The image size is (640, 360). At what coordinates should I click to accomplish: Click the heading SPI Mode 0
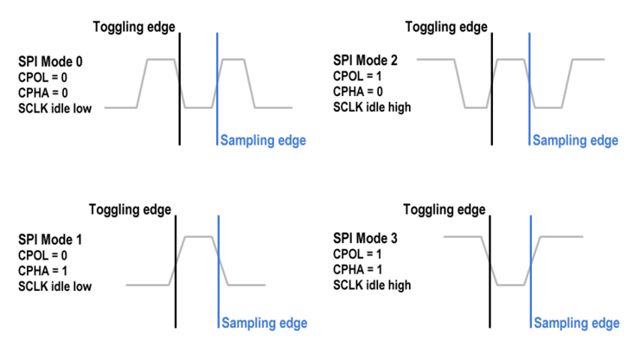(x=51, y=62)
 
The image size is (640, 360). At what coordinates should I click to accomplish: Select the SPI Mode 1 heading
(x=51, y=240)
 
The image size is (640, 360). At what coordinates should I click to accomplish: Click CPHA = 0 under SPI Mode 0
(x=42, y=93)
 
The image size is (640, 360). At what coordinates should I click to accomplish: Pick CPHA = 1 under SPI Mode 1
(x=42, y=271)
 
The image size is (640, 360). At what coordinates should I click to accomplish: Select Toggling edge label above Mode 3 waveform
(x=445, y=209)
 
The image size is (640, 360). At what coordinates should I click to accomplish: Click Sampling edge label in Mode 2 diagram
(x=575, y=140)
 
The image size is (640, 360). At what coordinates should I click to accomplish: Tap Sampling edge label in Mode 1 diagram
(x=264, y=324)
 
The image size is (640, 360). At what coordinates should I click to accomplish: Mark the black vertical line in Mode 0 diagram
(x=181, y=87)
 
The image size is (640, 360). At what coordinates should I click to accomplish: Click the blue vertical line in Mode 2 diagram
(x=529, y=87)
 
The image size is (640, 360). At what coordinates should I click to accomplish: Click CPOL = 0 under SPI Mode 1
(x=42, y=255)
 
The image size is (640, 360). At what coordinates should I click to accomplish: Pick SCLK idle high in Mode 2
(x=372, y=107)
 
